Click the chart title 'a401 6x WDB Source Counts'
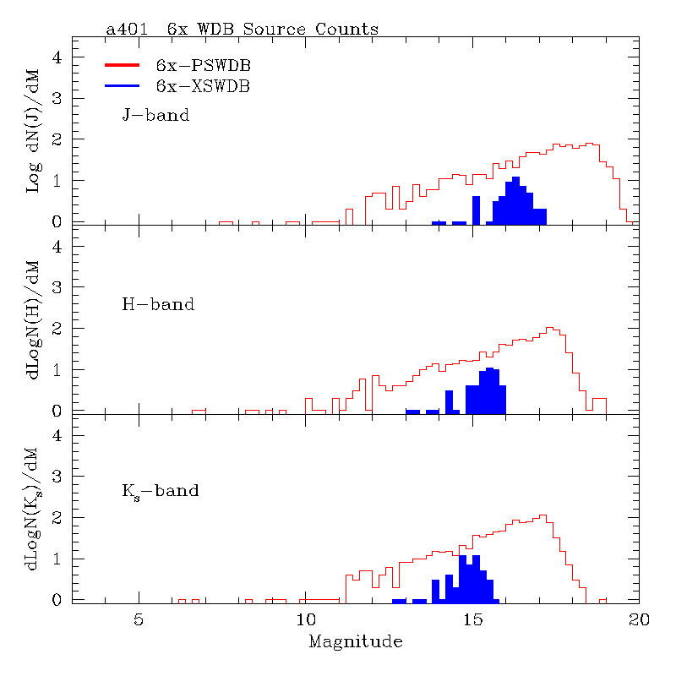point(242,30)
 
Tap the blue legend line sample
point(122,85)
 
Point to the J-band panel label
point(156,115)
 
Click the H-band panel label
point(158,304)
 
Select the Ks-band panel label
point(161,491)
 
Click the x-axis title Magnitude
point(355,642)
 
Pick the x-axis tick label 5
point(139,619)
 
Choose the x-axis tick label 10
point(305,619)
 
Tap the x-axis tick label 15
point(472,619)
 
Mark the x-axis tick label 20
point(639,619)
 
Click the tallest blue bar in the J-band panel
point(515,200)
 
